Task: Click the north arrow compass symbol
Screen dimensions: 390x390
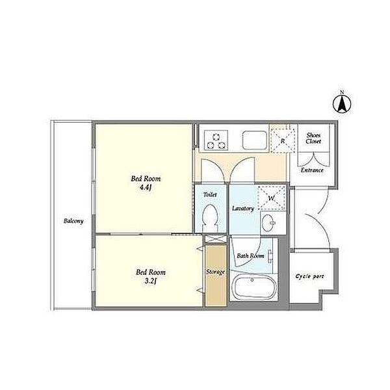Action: point(342,103)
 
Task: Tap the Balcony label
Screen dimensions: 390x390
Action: point(73,221)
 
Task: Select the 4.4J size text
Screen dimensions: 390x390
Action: point(146,187)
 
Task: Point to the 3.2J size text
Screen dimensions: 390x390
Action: point(151,281)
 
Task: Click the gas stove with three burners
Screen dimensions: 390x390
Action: point(216,140)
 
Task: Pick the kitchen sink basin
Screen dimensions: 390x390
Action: point(255,140)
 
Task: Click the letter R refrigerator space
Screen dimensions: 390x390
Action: point(283,141)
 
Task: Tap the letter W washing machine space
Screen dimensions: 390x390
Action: point(271,198)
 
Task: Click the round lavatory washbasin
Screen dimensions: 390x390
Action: point(268,223)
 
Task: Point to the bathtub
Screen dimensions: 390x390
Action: point(254,288)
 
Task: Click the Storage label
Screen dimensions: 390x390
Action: point(215,272)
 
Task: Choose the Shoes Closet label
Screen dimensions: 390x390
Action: point(313,138)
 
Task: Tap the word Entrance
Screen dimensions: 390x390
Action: point(312,170)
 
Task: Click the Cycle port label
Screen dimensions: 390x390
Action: point(310,276)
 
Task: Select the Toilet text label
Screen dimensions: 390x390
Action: point(210,194)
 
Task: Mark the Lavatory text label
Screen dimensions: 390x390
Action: point(243,209)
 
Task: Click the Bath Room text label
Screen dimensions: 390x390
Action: point(250,255)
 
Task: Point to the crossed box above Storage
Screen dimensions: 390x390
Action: point(216,239)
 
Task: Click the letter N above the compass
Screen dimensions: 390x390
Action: point(342,92)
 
